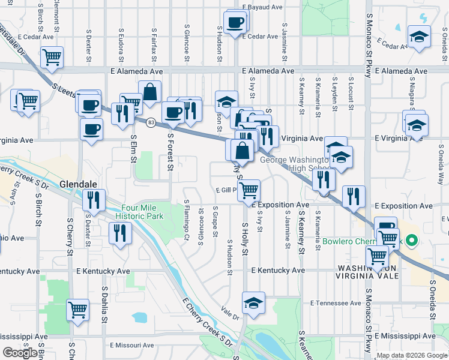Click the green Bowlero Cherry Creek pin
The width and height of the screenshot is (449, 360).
[411, 242]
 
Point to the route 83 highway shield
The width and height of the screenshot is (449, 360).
[151, 122]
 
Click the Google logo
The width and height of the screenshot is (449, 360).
[20, 353]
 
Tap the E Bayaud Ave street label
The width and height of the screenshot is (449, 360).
[262, 7]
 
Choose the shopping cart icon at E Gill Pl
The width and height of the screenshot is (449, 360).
[249, 191]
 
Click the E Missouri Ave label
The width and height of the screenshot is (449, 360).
[132, 345]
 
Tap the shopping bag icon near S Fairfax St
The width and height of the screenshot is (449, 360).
[149, 93]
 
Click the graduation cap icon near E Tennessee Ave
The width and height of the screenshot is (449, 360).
[253, 303]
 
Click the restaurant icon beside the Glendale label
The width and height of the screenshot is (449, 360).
[94, 200]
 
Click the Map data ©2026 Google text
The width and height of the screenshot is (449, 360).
[412, 355]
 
